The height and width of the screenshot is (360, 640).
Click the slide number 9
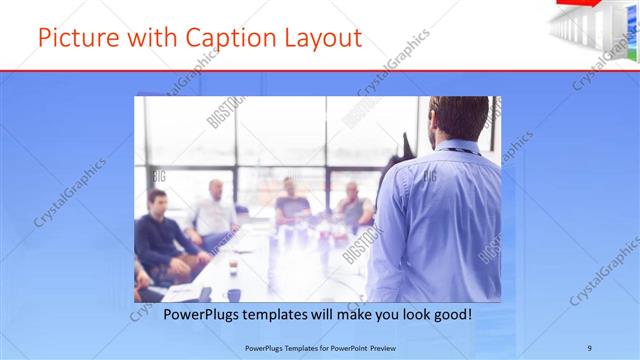[590, 347]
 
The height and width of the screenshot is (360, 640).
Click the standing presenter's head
[461, 119]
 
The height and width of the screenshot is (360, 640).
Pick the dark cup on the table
[234, 295]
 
